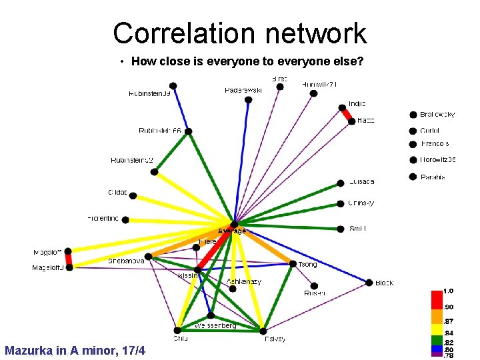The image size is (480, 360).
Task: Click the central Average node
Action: [x=234, y=225]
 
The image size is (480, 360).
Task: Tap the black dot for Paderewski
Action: [x=249, y=100]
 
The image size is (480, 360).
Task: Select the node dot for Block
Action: [x=369, y=283]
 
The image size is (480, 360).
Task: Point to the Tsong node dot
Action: [x=292, y=264]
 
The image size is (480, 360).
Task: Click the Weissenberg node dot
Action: [x=211, y=315]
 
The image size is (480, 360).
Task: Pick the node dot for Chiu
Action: [x=177, y=329]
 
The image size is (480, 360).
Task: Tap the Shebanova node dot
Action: [x=148, y=256]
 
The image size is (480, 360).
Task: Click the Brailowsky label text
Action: [x=438, y=115]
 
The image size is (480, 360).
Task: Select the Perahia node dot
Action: [x=413, y=177]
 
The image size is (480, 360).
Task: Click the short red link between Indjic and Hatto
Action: [x=347, y=115]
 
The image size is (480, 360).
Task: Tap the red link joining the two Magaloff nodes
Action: [x=68, y=259]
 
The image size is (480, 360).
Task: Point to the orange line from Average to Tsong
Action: [x=263, y=245]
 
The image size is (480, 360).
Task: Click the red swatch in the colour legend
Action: [x=437, y=298]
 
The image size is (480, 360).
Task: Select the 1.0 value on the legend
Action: [x=449, y=291]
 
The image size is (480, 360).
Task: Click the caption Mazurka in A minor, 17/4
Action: [x=75, y=351]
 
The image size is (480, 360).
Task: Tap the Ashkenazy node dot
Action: [x=232, y=289]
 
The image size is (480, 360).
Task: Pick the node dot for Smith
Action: [x=341, y=229]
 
